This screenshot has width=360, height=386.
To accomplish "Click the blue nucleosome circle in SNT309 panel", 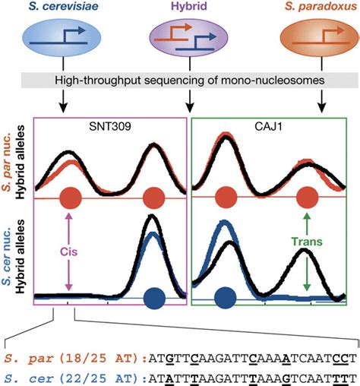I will (154, 297).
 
